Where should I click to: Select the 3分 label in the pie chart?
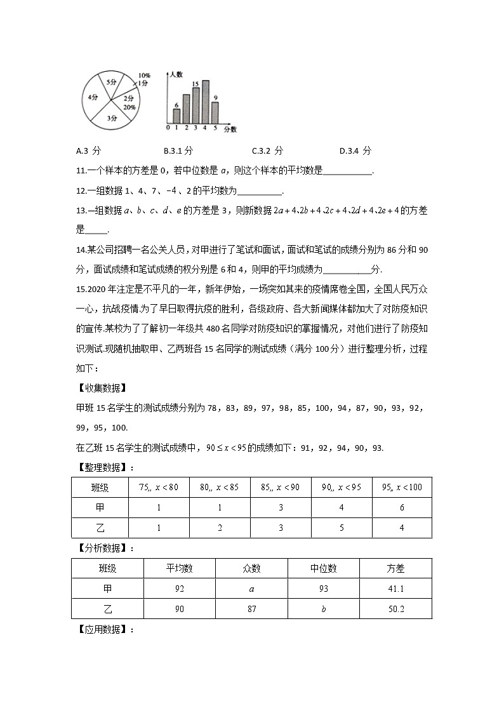(x=112, y=118)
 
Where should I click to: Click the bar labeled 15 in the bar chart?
(x=196, y=105)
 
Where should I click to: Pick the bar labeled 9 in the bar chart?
(x=215, y=112)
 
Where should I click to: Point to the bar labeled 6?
(x=176, y=116)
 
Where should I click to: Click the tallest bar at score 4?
(x=205, y=102)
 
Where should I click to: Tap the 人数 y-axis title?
(x=176, y=74)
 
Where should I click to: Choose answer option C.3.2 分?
(x=267, y=151)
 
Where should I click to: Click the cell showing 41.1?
(x=395, y=589)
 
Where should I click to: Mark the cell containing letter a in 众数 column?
(x=251, y=589)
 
